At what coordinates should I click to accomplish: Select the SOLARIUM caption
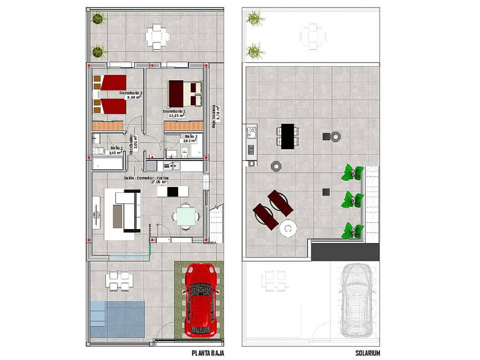[367, 353]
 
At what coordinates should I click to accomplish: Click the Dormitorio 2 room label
[130, 93]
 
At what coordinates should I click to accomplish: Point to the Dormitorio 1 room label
[174, 112]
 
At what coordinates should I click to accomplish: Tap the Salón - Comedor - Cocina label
[146, 178]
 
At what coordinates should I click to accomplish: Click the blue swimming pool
[117, 318]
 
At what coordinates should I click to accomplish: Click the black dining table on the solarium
[288, 136]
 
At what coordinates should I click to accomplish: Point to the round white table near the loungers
[288, 228]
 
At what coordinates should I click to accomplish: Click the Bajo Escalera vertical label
[216, 116]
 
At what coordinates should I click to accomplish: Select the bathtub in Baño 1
[108, 164]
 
